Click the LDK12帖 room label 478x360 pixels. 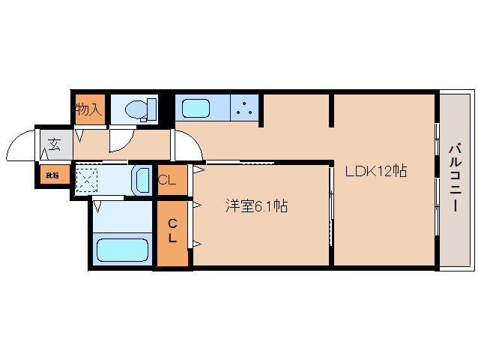[x=375, y=171]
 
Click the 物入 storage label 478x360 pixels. [x=88, y=109]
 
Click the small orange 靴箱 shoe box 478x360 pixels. [x=52, y=175]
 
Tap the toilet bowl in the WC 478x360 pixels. [x=135, y=109]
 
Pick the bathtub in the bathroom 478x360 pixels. [x=122, y=250]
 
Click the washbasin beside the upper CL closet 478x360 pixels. [x=142, y=180]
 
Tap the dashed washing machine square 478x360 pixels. [x=87, y=180]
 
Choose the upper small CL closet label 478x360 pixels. [x=168, y=180]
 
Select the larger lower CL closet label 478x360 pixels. [x=172, y=230]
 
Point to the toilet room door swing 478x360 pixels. [x=120, y=139]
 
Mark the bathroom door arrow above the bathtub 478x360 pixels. [x=98, y=204]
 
